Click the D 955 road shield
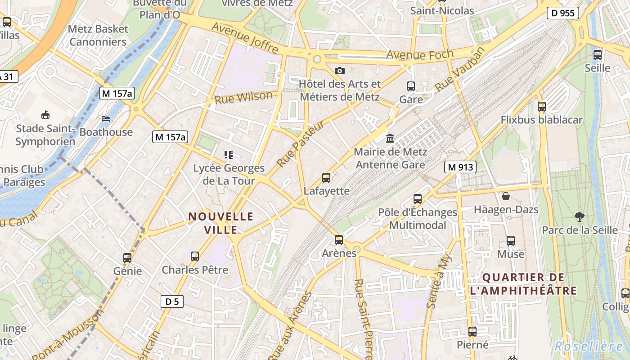click(x=563, y=13)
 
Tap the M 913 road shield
click(x=460, y=167)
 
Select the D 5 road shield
click(x=172, y=301)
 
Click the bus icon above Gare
click(x=411, y=86)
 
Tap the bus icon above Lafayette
click(x=326, y=178)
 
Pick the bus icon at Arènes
click(x=339, y=240)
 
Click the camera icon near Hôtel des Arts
click(x=340, y=71)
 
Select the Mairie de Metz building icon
click(x=390, y=138)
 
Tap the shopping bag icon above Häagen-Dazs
click(x=506, y=196)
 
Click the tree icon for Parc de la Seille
click(x=580, y=217)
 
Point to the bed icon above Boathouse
click(x=106, y=119)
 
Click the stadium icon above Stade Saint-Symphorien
click(x=45, y=115)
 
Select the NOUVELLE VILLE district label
click(x=221, y=223)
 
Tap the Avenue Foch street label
click(x=420, y=55)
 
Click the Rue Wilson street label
click(x=243, y=98)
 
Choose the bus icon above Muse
click(x=511, y=241)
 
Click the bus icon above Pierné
click(x=472, y=332)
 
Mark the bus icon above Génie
click(x=127, y=258)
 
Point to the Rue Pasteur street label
click(x=300, y=144)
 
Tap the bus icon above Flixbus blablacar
click(x=542, y=107)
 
